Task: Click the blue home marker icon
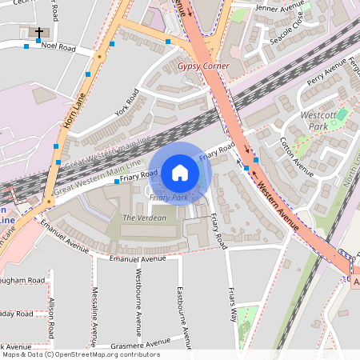coord(179,172)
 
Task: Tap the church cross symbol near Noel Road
coord(38,33)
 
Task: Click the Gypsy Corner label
coord(203,66)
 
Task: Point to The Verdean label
coord(144,218)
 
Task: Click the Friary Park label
coord(169,197)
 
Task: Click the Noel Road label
coord(58,48)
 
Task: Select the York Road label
coord(126,103)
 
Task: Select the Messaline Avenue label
coord(95,310)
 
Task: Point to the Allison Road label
coord(51,318)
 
